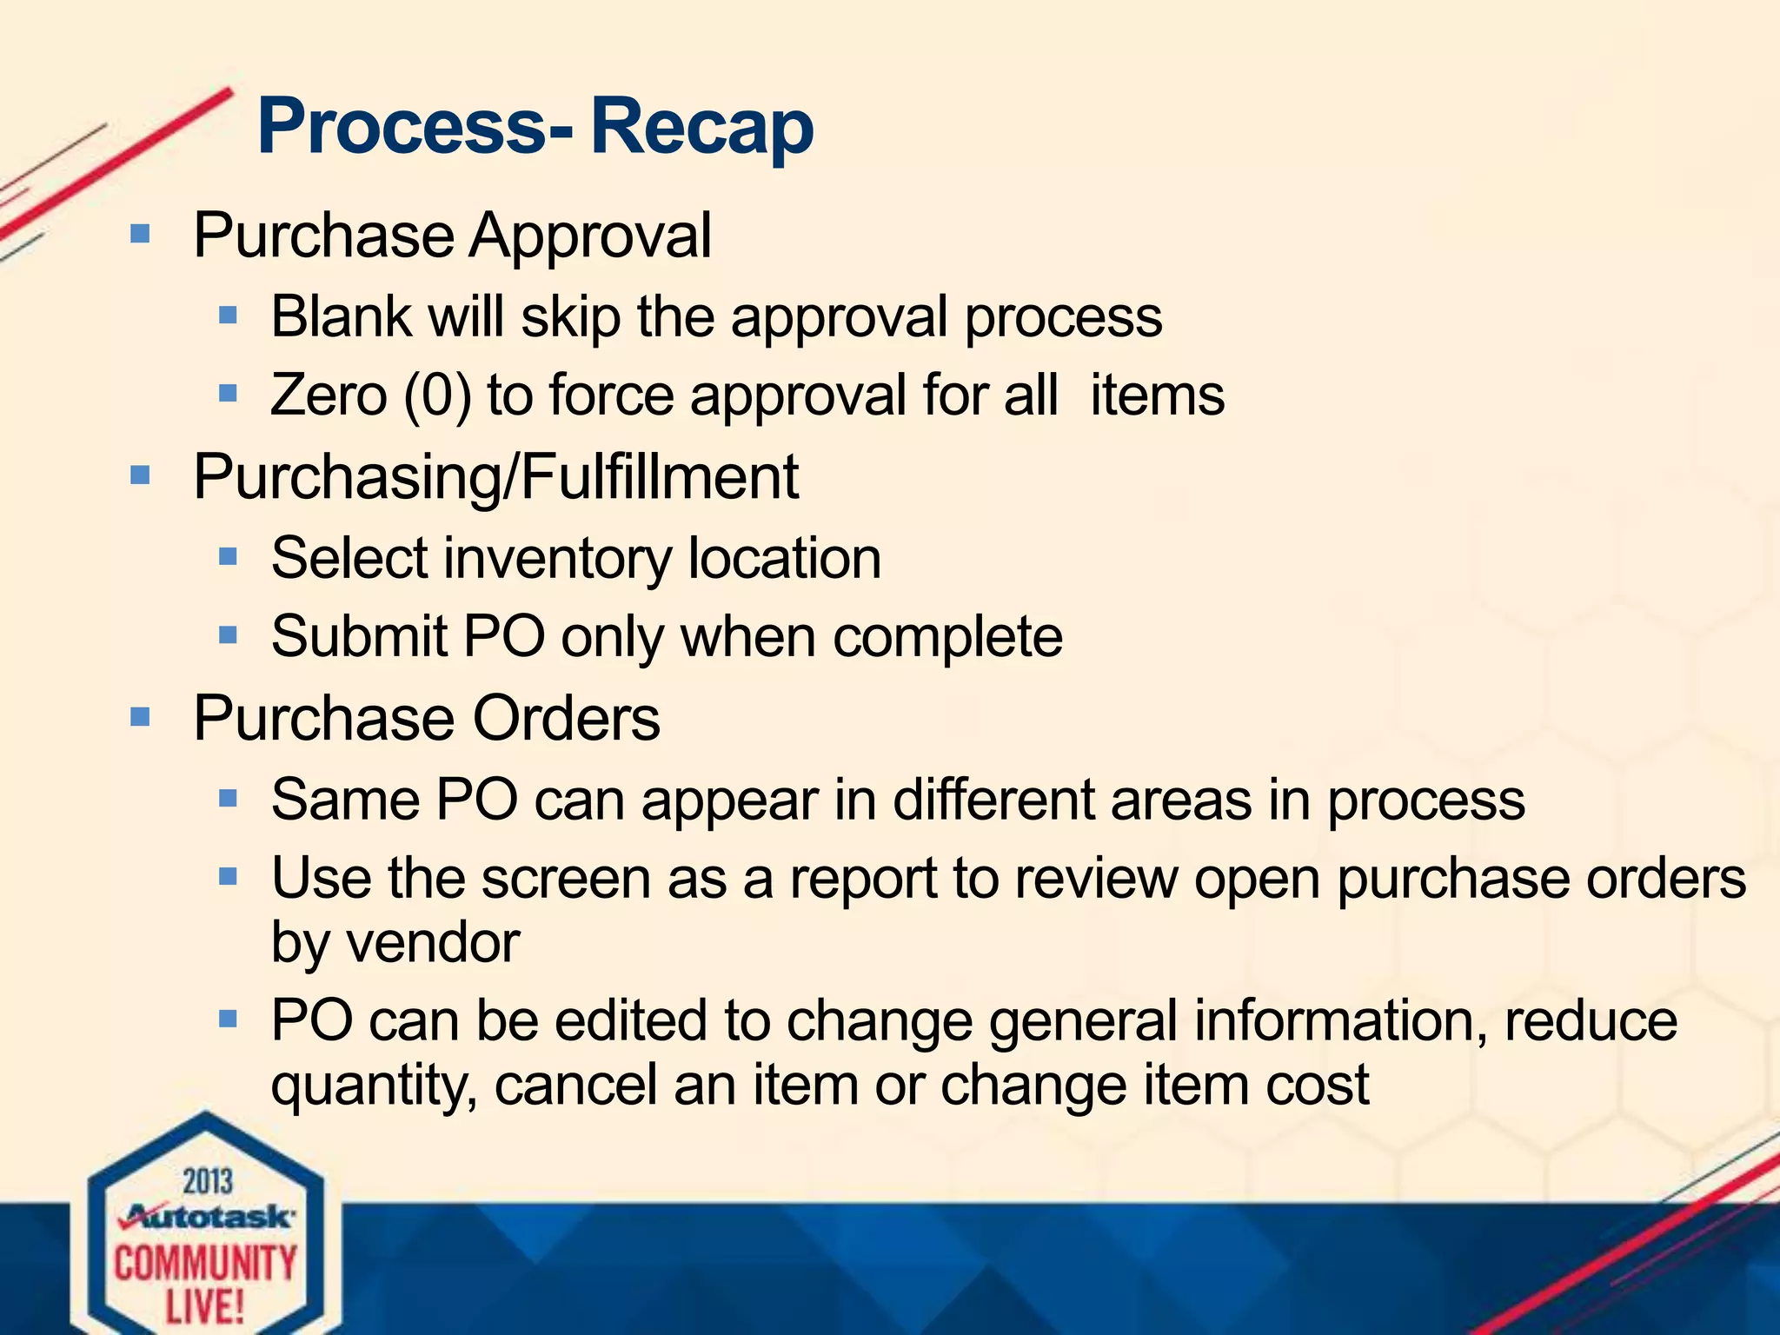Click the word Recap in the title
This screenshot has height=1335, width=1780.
(702, 127)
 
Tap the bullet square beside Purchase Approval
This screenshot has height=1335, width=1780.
(139, 234)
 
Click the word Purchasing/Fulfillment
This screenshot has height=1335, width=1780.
(495, 477)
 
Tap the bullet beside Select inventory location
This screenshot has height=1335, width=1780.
(228, 556)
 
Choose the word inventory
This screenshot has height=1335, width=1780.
(558, 559)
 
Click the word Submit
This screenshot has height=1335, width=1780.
(359, 636)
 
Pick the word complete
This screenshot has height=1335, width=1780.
(947, 638)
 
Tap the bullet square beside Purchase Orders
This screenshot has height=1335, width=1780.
(139, 717)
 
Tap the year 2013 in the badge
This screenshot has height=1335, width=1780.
(208, 1182)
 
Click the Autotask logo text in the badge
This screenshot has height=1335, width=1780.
(209, 1216)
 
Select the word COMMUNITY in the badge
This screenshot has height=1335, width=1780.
(205, 1263)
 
